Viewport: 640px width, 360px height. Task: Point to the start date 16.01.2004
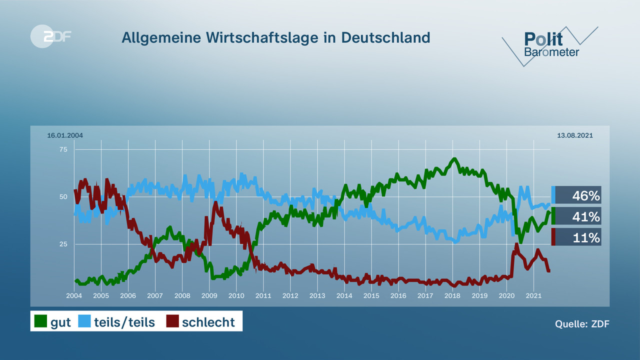[65, 135]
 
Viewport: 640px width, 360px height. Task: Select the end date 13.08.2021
[575, 135]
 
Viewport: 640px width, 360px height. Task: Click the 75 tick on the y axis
[63, 149]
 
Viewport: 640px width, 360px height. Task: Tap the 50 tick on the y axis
[63, 196]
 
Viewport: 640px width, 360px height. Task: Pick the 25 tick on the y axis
[63, 244]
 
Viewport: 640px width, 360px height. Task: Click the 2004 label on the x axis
[74, 295]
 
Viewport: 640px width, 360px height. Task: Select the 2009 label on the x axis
[209, 295]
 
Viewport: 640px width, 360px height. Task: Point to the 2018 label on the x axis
[452, 295]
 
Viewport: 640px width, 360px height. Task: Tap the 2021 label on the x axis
[533, 295]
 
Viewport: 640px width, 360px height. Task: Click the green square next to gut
[40, 321]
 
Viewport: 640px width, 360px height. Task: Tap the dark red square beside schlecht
[172, 321]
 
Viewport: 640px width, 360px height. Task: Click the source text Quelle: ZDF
[582, 324]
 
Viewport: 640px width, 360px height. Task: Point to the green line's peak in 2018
[454, 159]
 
